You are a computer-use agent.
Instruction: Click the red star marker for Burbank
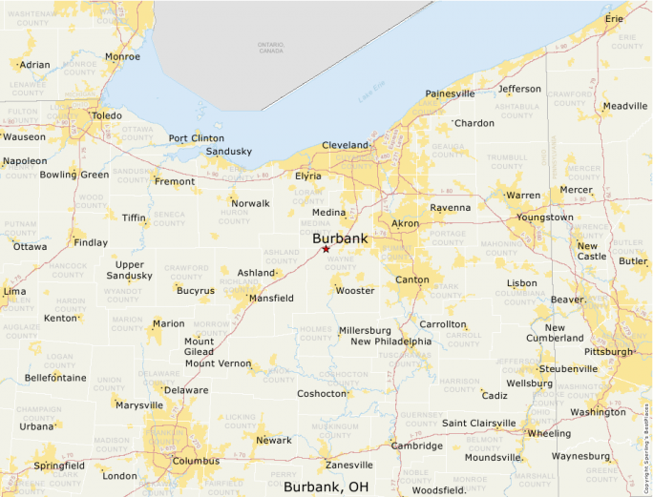coord(326,249)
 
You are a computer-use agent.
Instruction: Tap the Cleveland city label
coord(345,145)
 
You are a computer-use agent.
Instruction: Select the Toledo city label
coord(106,116)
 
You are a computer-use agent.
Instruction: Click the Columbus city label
coord(197,461)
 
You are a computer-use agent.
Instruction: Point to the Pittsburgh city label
coord(608,352)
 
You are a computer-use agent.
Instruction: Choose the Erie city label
coord(614,19)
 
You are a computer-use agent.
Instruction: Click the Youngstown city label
coord(545,217)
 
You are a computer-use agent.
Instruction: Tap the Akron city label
coord(405,224)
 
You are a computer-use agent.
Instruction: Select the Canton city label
coord(412,280)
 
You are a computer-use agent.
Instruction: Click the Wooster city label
coord(355,291)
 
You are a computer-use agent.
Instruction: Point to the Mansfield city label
coord(271,299)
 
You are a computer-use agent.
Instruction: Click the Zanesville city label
coord(349,466)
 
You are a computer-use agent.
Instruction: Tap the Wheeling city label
coord(549,433)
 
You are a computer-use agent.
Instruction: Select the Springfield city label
coord(59,466)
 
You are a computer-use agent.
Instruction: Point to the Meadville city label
coord(625,106)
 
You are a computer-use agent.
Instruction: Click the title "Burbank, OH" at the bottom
coord(326,487)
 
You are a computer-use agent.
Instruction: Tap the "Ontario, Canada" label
coord(271,48)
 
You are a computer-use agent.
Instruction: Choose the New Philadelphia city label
coord(390,342)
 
